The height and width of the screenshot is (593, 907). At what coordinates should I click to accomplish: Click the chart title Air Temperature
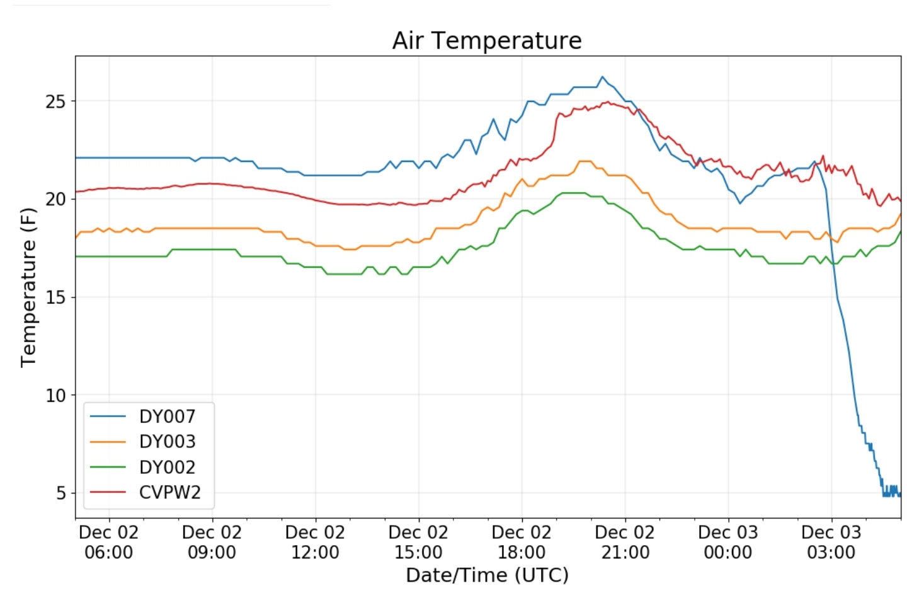486,40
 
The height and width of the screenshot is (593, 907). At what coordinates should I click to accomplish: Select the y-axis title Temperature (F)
28,287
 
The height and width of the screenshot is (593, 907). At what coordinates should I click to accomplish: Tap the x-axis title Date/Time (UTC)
487,575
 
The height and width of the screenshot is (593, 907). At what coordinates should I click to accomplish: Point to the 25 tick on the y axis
55,101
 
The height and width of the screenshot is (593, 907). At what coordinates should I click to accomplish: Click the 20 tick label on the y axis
55,199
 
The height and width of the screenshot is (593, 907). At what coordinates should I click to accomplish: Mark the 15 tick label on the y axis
55,297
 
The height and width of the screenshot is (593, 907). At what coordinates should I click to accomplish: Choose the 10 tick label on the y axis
55,396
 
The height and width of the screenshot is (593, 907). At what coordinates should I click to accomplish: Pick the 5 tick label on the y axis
60,493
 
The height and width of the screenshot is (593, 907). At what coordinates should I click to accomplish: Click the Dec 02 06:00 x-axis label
108,542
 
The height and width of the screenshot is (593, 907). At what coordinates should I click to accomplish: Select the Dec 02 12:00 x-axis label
315,542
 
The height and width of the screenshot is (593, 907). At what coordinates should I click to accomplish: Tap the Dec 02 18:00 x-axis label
522,542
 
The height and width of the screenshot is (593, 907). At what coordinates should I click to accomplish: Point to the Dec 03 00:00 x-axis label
728,542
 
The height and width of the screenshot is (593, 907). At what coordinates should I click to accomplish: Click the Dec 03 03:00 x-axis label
831,542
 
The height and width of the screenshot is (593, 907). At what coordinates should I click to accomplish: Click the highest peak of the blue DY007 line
602,77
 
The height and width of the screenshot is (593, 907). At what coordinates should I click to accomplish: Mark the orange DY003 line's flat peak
585,161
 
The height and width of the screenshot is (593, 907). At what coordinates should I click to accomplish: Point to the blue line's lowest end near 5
899,494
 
